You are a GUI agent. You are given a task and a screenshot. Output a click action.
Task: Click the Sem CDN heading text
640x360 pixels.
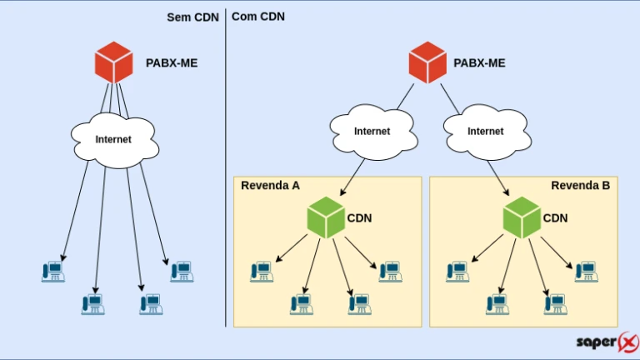(x=192, y=16)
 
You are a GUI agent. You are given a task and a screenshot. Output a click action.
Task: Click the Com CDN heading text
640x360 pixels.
(x=258, y=16)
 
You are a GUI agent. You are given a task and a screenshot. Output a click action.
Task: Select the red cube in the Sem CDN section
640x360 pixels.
(x=113, y=62)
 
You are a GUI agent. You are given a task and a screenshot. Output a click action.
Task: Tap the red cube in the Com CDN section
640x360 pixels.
(x=428, y=62)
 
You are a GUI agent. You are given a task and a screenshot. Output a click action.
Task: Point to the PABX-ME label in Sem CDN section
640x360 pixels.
(x=172, y=62)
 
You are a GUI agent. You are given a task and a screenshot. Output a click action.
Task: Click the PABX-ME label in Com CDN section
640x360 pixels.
(x=479, y=62)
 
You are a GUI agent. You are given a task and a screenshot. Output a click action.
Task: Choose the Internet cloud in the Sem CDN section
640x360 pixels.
(x=113, y=138)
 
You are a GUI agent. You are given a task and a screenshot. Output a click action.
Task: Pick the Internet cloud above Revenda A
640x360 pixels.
(x=372, y=131)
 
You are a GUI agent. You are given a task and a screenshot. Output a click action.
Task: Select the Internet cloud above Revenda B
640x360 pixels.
(x=485, y=131)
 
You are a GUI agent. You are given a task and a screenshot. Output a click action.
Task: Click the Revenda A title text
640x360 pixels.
(x=270, y=185)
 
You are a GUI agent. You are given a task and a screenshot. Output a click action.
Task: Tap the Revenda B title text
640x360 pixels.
(x=580, y=185)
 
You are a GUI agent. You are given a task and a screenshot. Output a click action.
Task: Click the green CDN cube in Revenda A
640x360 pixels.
(x=327, y=218)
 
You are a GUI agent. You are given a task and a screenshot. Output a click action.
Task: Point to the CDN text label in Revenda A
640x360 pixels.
(x=360, y=218)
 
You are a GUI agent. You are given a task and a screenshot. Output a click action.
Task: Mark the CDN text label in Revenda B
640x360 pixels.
(x=556, y=218)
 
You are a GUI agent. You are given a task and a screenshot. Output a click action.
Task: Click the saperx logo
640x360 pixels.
(x=607, y=342)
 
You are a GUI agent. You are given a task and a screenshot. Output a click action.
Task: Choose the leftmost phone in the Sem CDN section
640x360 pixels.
(x=53, y=271)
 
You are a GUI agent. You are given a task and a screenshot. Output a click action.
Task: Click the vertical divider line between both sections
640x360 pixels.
(x=226, y=167)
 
